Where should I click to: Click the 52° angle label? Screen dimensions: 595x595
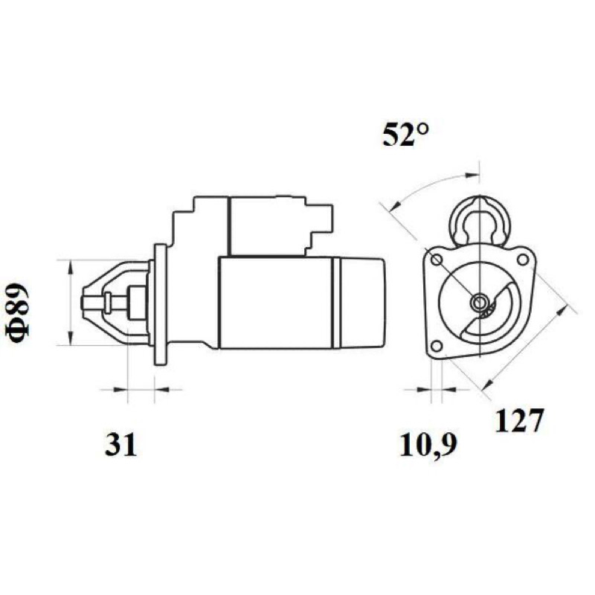pos(405,135)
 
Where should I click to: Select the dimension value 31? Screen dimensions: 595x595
pos(120,444)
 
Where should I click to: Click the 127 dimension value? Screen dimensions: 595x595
pos(520,420)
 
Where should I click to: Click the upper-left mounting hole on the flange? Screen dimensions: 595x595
pos(437,260)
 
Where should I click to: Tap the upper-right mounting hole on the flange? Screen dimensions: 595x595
pos(523,260)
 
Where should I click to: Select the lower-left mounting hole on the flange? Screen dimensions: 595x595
pos(437,346)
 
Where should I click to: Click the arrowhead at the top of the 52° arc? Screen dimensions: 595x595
pos(472,175)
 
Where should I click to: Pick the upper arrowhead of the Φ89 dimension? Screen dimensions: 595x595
pos(70,267)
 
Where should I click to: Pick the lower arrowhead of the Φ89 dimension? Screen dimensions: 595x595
pos(70,338)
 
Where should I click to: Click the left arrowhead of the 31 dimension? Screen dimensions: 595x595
pos(120,389)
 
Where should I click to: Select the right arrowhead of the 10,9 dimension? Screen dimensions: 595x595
pos(449,389)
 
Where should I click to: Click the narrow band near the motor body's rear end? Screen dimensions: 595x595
pos(336,303)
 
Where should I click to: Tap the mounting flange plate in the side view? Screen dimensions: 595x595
pos(160,304)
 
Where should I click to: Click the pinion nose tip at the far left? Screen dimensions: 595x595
pos(83,303)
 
